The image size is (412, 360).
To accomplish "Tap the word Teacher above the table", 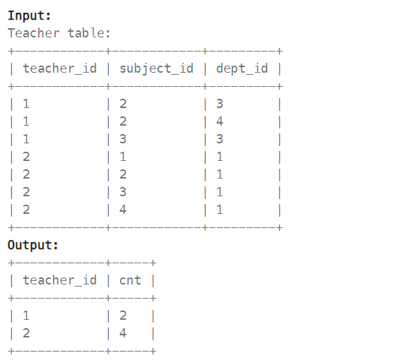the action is (x=34, y=33).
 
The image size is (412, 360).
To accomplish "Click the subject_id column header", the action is (x=156, y=68).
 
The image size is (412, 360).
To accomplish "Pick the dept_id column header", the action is (x=242, y=68).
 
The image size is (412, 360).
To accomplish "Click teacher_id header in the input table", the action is (x=60, y=68).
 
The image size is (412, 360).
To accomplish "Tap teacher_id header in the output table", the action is (x=60, y=280).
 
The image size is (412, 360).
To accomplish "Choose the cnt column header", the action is (x=130, y=280).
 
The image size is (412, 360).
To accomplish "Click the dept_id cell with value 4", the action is (x=220, y=121).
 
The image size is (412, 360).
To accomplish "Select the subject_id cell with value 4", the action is (x=123, y=210).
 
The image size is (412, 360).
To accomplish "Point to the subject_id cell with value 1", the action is (x=123, y=157).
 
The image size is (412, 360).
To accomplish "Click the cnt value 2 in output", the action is (x=123, y=316).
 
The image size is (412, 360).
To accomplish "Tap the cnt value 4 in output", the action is (x=123, y=333).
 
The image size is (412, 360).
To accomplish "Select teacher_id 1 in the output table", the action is (x=26, y=316).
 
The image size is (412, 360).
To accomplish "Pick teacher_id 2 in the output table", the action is (x=26, y=333).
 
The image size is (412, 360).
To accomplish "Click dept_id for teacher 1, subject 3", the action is (x=220, y=139).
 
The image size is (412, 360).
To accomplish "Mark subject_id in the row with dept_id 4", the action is (x=123, y=121).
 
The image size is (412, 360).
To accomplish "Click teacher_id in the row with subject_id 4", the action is (x=26, y=210).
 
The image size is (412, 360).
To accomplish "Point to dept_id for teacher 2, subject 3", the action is (x=220, y=192).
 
